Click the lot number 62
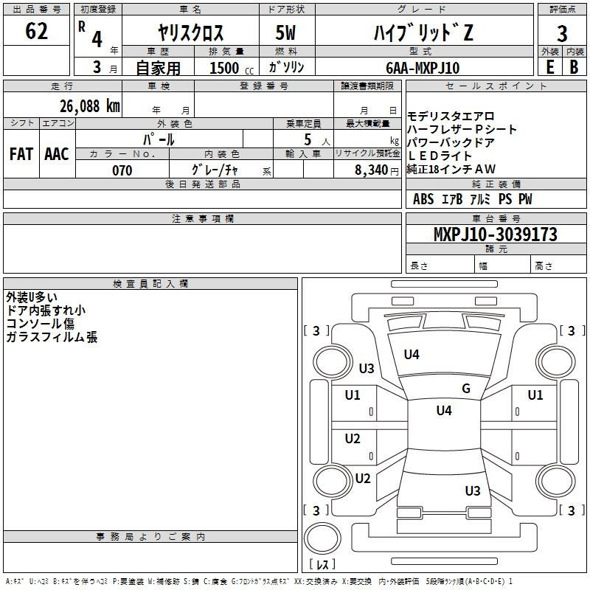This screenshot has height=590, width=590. (x=36, y=31)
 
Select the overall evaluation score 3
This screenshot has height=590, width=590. (x=562, y=33)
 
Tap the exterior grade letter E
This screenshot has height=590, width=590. (x=549, y=67)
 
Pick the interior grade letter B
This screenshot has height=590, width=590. (x=574, y=67)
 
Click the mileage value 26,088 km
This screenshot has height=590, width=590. (x=90, y=106)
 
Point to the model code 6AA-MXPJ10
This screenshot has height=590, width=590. (x=423, y=68)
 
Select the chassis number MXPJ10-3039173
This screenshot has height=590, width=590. (x=495, y=234)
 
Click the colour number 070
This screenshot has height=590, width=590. (x=122, y=170)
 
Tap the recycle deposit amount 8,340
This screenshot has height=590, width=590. (x=372, y=170)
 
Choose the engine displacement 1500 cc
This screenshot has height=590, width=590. (x=232, y=68)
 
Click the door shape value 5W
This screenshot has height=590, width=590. (x=285, y=32)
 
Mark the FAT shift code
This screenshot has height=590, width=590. (x=21, y=154)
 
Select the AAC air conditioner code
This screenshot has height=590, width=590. (x=57, y=154)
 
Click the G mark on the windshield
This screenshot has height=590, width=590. (x=466, y=389)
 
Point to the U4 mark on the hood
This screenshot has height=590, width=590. (x=412, y=355)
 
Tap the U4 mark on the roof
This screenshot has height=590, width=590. (x=444, y=410)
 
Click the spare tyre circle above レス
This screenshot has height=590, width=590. (x=322, y=538)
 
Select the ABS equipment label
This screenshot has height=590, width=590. (x=423, y=199)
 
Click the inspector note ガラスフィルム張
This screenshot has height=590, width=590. (x=52, y=337)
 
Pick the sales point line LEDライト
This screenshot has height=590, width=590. (x=439, y=156)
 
